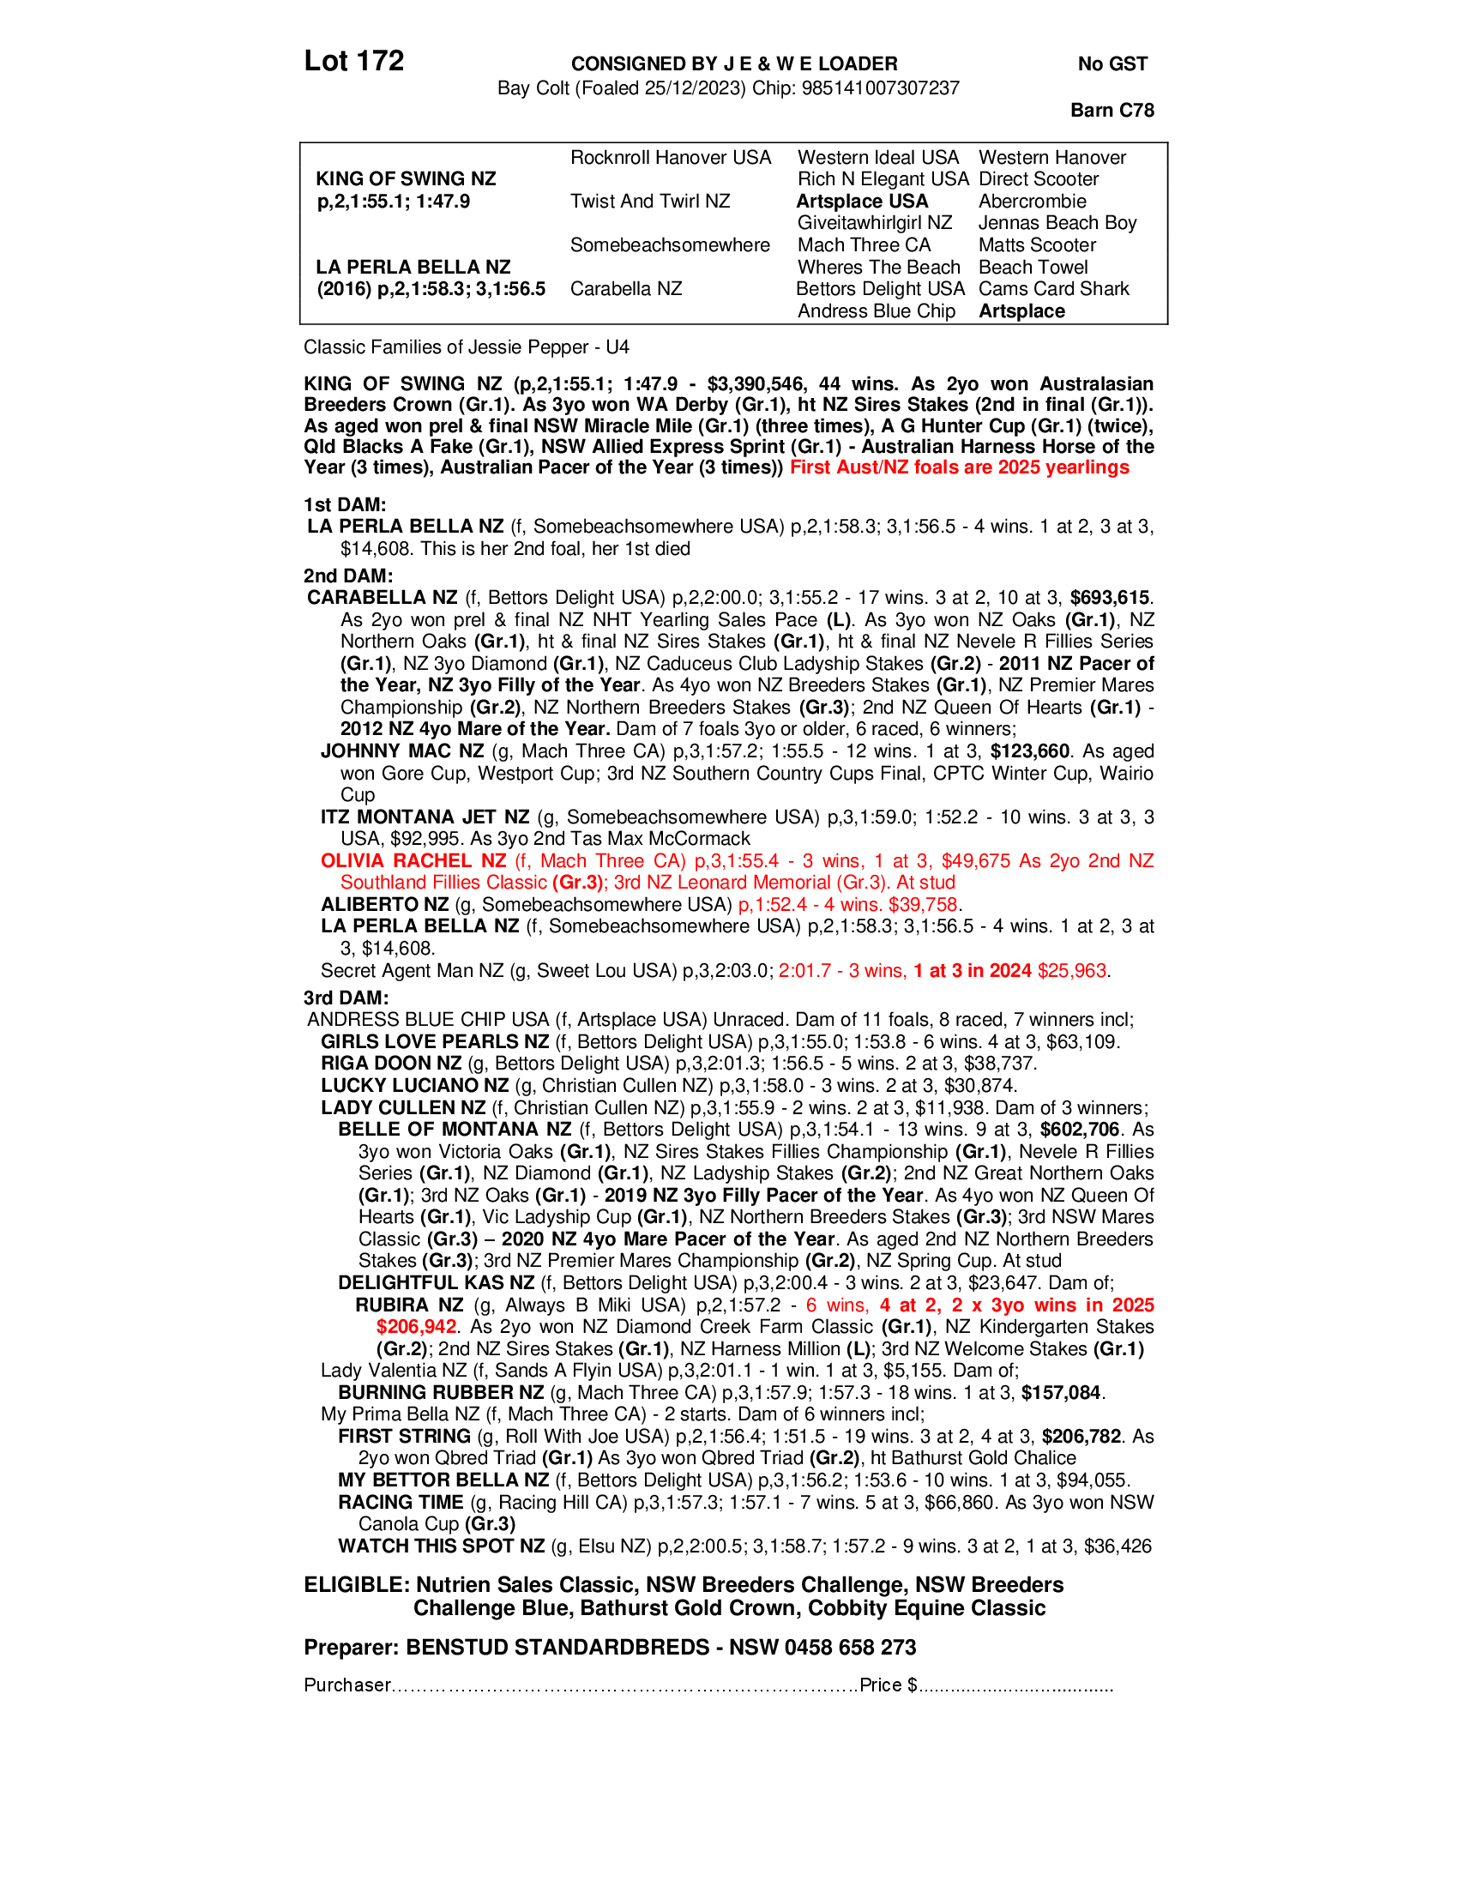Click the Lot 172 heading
click(x=353, y=62)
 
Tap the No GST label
click(x=1112, y=64)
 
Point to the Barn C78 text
click(x=1112, y=110)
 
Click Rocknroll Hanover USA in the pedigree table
click(x=671, y=157)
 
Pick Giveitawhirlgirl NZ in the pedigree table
click(x=874, y=223)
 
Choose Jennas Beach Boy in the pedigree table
click(x=1057, y=223)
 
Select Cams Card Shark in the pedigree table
click(x=1054, y=288)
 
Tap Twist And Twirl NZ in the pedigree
click(x=649, y=202)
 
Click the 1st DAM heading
click(x=344, y=504)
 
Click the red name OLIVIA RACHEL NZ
click(x=413, y=860)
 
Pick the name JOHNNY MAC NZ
click(x=401, y=751)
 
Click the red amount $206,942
click(x=416, y=1326)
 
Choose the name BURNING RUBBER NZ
click(x=441, y=1392)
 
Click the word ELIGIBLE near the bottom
click(x=355, y=1584)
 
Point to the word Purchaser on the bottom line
click(x=347, y=1685)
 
